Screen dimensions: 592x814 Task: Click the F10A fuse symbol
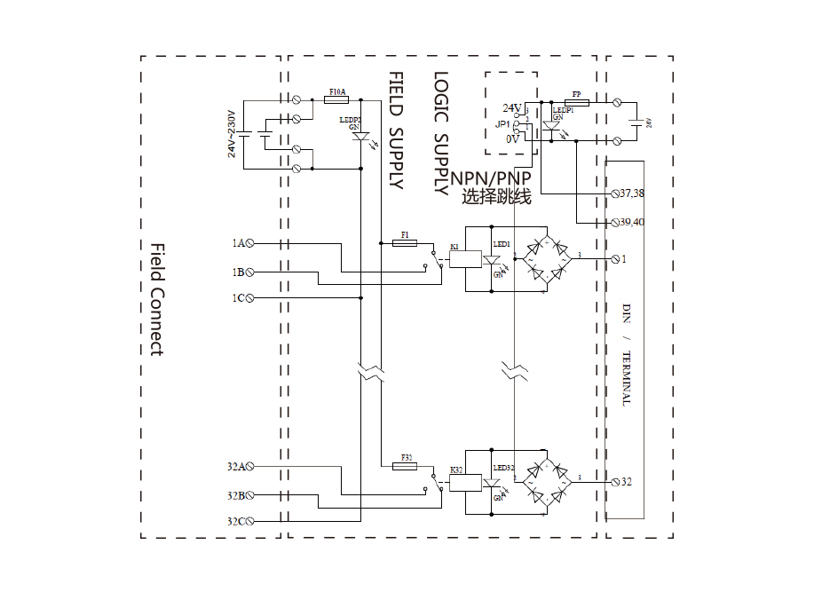coord(337,101)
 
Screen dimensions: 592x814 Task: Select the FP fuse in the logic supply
coord(576,102)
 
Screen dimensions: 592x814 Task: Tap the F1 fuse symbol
coord(405,242)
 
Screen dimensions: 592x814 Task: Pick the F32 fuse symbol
coord(407,465)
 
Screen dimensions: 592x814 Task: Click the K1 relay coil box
coord(466,259)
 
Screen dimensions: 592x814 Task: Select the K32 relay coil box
coord(466,483)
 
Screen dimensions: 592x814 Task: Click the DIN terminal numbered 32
coord(616,482)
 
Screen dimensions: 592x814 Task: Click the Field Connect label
coord(156,299)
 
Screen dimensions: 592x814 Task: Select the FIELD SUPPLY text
coord(396,130)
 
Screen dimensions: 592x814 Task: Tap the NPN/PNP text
coord(491,178)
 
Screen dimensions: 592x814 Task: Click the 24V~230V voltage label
coord(232,134)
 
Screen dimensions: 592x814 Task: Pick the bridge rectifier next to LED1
coord(544,258)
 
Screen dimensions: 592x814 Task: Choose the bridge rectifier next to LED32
coord(544,483)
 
